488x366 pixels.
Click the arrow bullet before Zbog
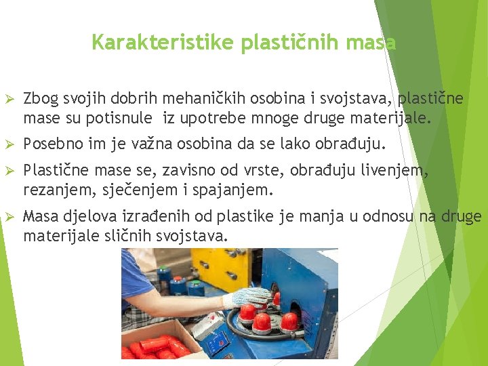coord(9,100)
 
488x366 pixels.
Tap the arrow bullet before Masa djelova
coord(9,217)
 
